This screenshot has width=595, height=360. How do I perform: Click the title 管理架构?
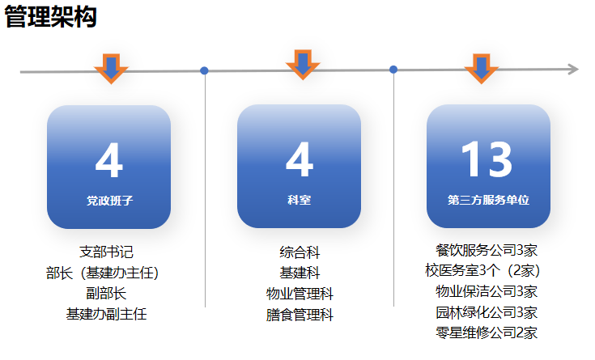click(x=50, y=17)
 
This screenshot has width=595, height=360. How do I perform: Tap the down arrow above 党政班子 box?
click(x=111, y=68)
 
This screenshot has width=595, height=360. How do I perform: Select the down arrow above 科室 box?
click(x=303, y=65)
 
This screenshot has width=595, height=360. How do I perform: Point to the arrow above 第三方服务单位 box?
click(x=481, y=68)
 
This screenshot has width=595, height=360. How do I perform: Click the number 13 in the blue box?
click(x=487, y=159)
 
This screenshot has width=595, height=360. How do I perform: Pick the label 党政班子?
click(x=109, y=201)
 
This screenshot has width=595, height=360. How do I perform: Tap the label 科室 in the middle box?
click(x=299, y=200)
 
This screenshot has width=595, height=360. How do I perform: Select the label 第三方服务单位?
click(x=488, y=200)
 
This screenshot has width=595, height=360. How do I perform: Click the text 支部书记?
click(x=106, y=252)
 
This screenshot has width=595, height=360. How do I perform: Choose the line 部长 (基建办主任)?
click(x=103, y=273)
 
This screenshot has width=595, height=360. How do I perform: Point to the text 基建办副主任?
click(x=106, y=314)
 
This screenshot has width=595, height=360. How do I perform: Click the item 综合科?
click(x=300, y=252)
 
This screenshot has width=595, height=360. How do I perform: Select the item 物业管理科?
click(x=300, y=294)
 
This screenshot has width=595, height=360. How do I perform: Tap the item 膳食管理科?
click(x=300, y=315)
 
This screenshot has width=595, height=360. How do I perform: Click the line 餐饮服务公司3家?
click(x=487, y=250)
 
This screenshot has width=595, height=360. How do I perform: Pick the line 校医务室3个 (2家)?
click(x=482, y=270)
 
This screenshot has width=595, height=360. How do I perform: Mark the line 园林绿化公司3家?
click(x=487, y=312)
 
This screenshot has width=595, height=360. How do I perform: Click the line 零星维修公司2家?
click(x=487, y=332)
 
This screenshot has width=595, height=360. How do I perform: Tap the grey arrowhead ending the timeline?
click(x=573, y=70)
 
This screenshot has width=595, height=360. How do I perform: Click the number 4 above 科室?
click(x=300, y=159)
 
